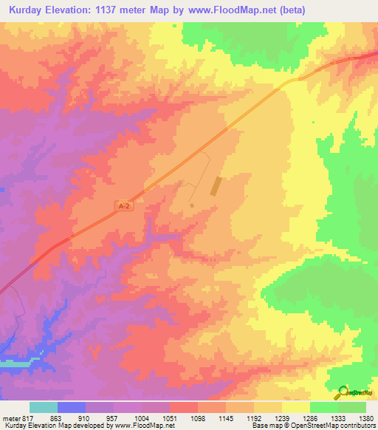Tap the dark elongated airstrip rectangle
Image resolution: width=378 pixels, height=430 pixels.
click(216, 185)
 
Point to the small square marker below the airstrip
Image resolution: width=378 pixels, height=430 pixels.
click(191, 205)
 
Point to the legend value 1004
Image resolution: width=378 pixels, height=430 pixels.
click(142, 417)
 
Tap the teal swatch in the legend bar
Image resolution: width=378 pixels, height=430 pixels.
click(44, 407)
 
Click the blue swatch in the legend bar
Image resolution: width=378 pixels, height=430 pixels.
click(72, 407)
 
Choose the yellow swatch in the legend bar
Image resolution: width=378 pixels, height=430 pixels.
click(296, 407)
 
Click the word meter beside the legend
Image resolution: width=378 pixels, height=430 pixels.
click(10, 417)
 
